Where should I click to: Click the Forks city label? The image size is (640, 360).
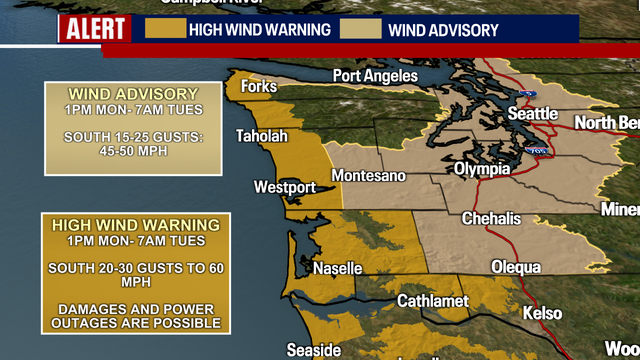pos(258,87)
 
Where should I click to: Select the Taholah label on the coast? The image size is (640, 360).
pos(261,137)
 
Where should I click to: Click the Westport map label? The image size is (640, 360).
pos(284,187)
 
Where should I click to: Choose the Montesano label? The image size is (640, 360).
pos(369,176)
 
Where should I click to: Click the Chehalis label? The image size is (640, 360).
pos(489,219)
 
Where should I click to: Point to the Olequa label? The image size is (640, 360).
pos(516,267)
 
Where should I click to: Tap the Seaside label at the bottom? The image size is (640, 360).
pos(313,350)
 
